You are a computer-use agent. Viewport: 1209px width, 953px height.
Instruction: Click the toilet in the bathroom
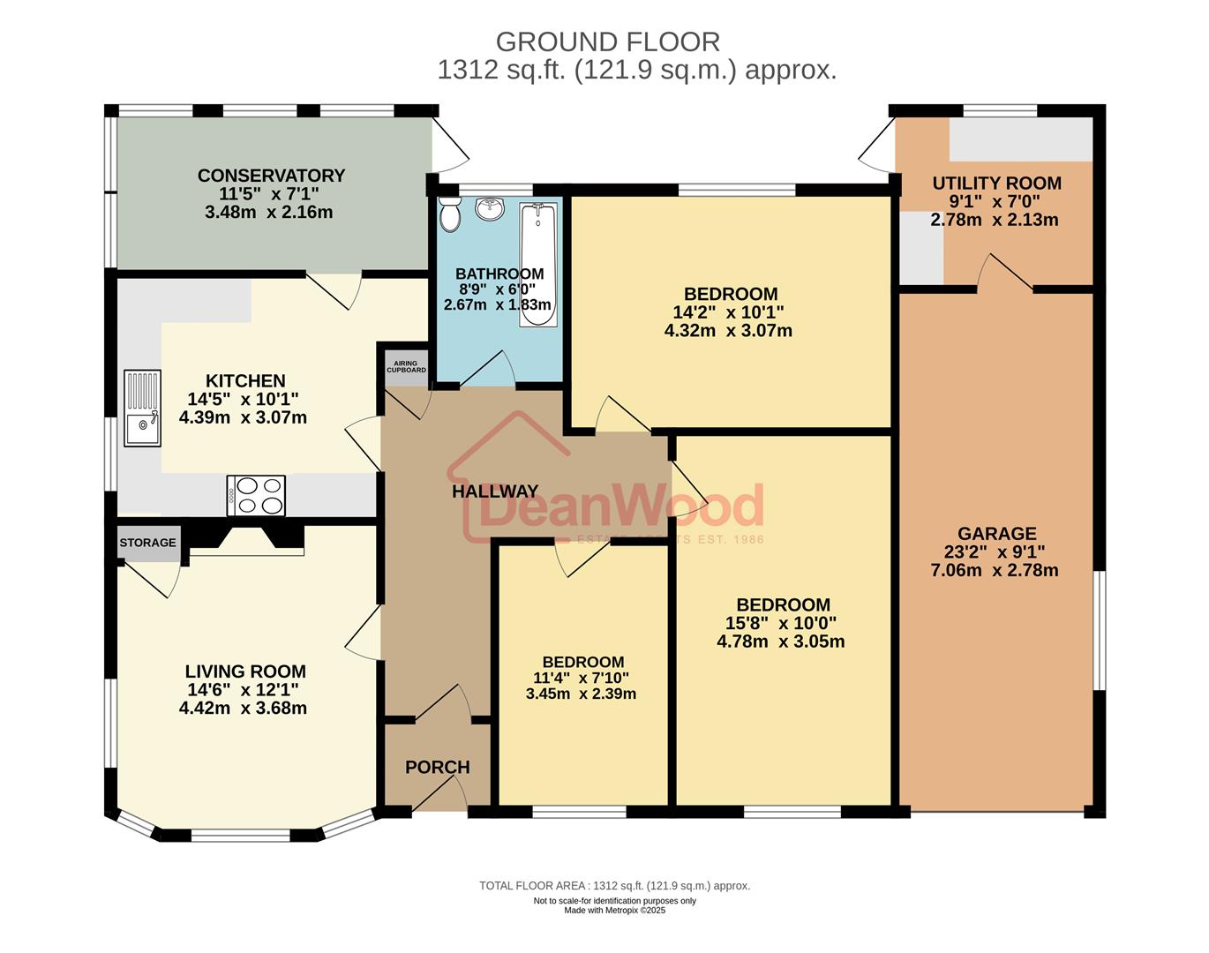(x=450, y=214)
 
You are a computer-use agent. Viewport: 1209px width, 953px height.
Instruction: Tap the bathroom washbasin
(x=489, y=209)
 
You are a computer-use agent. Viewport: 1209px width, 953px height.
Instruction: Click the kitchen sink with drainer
(x=142, y=408)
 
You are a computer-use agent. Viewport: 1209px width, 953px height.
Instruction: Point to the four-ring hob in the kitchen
(x=256, y=495)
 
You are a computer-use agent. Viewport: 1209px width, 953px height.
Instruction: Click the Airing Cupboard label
(x=406, y=367)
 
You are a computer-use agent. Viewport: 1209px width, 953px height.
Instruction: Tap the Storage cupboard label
(x=147, y=543)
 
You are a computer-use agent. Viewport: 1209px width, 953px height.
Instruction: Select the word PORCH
(x=437, y=767)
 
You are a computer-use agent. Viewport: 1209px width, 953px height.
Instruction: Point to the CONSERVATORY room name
(x=271, y=176)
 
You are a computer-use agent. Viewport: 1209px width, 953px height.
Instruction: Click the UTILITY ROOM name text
(x=996, y=184)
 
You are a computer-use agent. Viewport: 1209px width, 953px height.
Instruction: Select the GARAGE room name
(x=996, y=533)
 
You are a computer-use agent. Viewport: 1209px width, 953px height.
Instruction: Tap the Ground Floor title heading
(x=607, y=41)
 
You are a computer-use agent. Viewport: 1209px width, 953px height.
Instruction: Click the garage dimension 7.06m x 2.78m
(x=995, y=570)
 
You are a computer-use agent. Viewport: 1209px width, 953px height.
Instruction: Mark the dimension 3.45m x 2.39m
(x=581, y=694)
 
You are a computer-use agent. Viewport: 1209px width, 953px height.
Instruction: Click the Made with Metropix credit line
(x=614, y=911)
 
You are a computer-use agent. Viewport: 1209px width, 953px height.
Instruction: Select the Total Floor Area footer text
(x=614, y=886)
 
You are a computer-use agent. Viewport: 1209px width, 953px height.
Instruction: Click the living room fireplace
(x=247, y=539)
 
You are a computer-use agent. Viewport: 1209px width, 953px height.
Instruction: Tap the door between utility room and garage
(x=1004, y=274)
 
